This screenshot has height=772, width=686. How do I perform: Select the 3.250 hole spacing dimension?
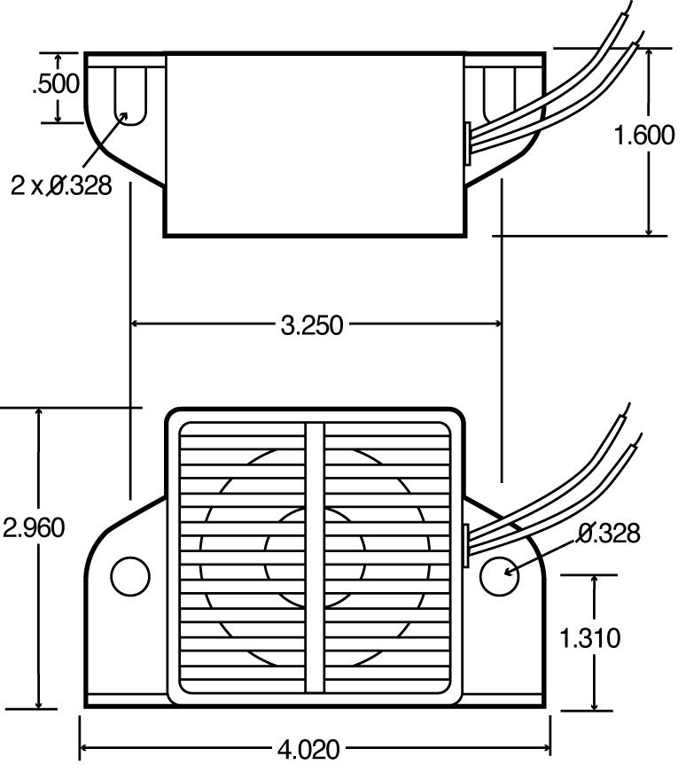tap(311, 324)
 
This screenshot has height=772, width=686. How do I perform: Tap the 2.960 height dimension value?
tap(33, 528)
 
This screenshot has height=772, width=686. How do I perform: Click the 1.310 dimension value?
tap(591, 637)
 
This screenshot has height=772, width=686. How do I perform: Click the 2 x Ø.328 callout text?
tap(61, 185)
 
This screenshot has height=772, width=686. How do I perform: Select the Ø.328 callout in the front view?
tap(608, 533)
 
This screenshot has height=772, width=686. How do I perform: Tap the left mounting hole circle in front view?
tap(130, 575)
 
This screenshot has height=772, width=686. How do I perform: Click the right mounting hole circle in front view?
tap(497, 575)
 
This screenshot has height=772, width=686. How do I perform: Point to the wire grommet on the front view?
tap(466, 542)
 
